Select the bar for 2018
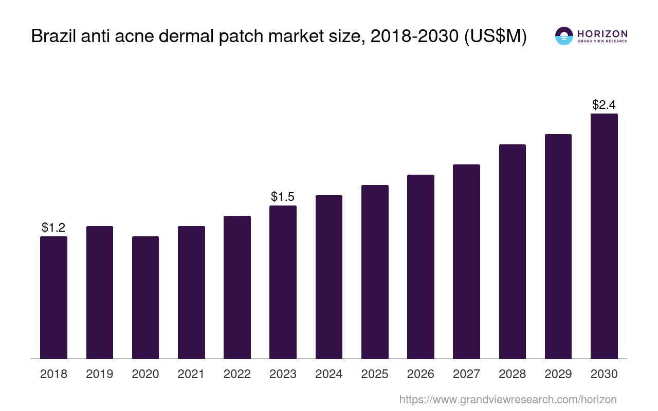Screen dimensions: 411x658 (53, 297)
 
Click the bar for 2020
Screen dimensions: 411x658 (145, 297)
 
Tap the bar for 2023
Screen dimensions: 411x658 (283, 282)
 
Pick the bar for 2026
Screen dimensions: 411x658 (421, 267)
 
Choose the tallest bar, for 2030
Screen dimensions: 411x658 (604, 236)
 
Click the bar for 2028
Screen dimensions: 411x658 (513, 251)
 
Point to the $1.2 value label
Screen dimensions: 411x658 (53, 227)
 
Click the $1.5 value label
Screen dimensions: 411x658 (283, 196)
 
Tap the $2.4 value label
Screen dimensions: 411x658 (604, 105)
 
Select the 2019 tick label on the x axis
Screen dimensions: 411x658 (100, 374)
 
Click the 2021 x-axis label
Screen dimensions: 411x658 (191, 374)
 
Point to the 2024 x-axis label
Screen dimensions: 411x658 (329, 374)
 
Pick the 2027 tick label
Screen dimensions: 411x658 (466, 374)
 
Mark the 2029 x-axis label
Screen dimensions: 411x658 (558, 374)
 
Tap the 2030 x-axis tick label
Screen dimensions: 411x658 (604, 374)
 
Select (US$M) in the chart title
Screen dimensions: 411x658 (496, 36)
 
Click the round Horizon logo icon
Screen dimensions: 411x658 (564, 36)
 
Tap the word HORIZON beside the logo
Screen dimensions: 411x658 (602, 33)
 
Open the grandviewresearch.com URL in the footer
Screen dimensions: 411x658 (507, 399)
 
